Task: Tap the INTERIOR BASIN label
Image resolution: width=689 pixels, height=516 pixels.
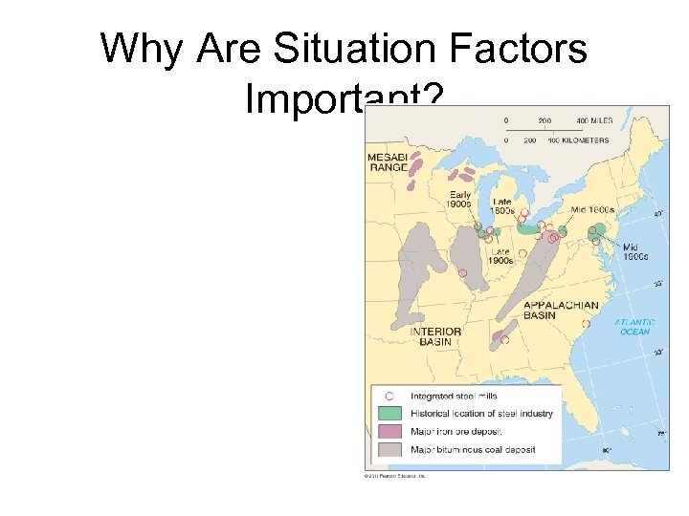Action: point(435,336)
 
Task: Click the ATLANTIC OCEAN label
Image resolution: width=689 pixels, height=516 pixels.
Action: point(633,327)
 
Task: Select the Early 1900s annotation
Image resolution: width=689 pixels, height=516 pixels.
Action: point(458,199)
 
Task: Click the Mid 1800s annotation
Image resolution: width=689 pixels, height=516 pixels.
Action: point(591,208)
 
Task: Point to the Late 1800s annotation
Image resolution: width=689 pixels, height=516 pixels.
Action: point(503,206)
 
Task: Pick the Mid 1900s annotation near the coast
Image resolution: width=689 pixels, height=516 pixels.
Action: point(634,251)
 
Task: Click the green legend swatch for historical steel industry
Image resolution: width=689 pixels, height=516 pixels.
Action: point(389,414)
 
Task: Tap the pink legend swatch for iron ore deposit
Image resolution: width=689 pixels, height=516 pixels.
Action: point(389,432)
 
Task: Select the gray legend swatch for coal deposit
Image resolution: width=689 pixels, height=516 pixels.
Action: point(389,449)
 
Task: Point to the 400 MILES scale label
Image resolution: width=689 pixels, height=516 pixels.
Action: point(593,121)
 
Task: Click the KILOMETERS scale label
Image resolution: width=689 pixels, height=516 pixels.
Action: point(584,140)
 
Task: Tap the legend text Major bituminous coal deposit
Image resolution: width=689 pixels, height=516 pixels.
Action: point(473,449)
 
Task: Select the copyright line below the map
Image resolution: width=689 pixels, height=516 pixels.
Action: point(394,474)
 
